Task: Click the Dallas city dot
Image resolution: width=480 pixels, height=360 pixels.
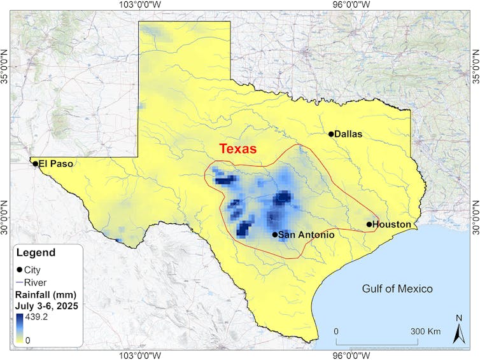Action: pyautogui.click(x=331, y=134)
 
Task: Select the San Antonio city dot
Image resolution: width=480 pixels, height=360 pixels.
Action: pyautogui.click(x=275, y=235)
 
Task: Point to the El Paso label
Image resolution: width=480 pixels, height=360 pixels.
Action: pyautogui.click(x=55, y=163)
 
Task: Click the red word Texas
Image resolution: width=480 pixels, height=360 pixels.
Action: pyautogui.click(x=237, y=149)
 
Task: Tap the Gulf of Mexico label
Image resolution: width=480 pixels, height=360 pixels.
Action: pyautogui.click(x=397, y=289)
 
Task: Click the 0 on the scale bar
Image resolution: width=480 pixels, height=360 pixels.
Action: pyautogui.click(x=336, y=331)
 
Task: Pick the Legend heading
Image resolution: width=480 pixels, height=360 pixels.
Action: pyautogui.click(x=36, y=253)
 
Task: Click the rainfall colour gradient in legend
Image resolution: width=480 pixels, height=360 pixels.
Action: pyautogui.click(x=20, y=328)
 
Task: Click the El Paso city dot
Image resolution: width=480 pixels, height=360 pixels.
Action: pyautogui.click(x=35, y=163)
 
